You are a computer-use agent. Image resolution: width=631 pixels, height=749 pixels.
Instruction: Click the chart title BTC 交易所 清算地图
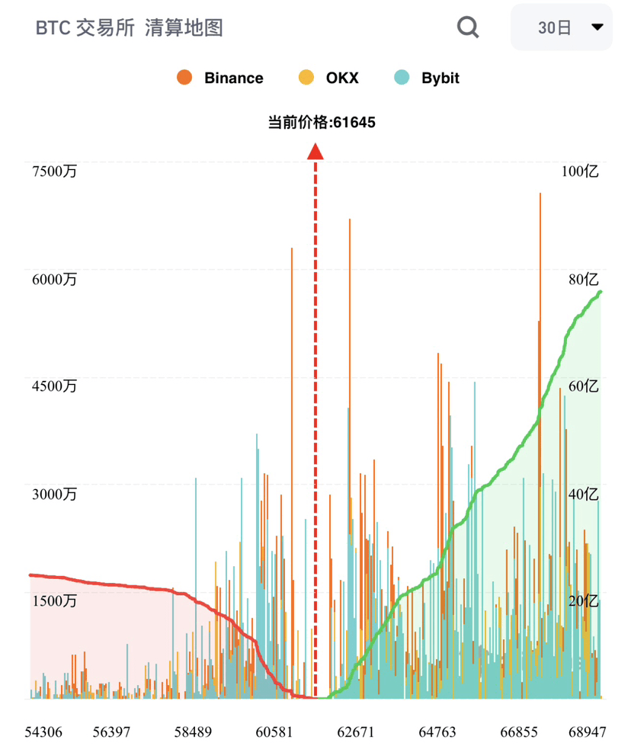pyautogui.click(x=130, y=28)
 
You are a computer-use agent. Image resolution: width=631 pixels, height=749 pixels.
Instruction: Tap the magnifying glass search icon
pyautogui.click(x=468, y=27)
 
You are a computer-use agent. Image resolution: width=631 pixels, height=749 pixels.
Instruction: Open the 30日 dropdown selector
pyautogui.click(x=562, y=27)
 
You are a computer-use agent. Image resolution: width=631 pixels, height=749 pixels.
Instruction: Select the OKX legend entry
pyautogui.click(x=328, y=78)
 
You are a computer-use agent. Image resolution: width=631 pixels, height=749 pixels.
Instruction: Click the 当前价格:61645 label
pyautogui.click(x=322, y=122)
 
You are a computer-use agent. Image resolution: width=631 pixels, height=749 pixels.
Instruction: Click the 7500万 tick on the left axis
pyautogui.click(x=54, y=171)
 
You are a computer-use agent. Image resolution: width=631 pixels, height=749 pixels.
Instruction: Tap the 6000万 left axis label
pyautogui.click(x=54, y=280)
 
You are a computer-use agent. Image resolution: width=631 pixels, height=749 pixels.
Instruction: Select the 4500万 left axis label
pyautogui.click(x=54, y=386)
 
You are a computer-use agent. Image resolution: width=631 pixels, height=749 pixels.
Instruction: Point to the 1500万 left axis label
pyautogui.click(x=54, y=601)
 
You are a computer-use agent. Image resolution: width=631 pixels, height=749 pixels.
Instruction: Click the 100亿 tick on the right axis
pyautogui.click(x=580, y=171)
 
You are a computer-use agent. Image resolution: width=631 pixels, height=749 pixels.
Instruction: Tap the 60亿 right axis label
pyautogui.click(x=584, y=386)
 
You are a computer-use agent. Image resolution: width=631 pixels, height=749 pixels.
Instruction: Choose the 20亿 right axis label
pyautogui.click(x=584, y=601)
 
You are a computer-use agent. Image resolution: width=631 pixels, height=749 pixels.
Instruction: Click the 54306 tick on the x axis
pyautogui.click(x=43, y=732)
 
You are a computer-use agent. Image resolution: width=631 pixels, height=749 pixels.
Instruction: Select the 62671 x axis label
pyautogui.click(x=356, y=732)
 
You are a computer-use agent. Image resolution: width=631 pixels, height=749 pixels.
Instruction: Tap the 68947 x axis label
pyautogui.click(x=587, y=732)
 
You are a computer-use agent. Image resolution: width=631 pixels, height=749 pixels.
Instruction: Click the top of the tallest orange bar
pyautogui.click(x=540, y=194)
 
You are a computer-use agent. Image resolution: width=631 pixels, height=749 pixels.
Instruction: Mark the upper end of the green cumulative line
pyautogui.click(x=601, y=292)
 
